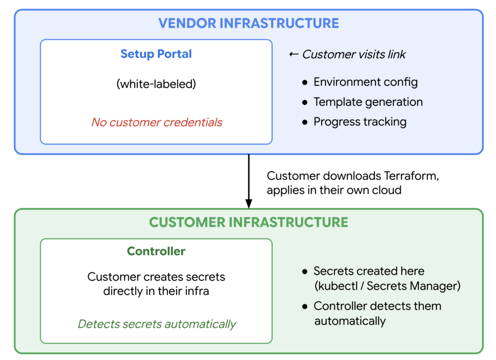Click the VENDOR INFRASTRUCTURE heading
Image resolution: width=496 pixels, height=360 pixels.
(x=248, y=23)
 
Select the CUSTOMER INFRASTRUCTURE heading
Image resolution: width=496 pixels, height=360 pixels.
(x=248, y=222)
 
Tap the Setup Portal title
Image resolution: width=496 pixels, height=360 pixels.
(x=156, y=54)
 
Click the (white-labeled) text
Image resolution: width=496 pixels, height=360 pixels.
(x=156, y=84)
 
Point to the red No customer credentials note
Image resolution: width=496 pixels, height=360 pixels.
(x=156, y=122)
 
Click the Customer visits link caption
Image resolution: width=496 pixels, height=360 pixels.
(x=354, y=54)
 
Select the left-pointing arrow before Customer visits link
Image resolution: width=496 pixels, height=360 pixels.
(x=294, y=54)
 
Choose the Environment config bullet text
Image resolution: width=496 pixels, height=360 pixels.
(x=365, y=82)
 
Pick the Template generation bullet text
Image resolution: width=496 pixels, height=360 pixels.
(x=368, y=102)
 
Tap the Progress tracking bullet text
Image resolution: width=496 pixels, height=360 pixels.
(x=360, y=122)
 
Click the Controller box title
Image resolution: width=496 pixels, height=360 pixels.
(x=156, y=251)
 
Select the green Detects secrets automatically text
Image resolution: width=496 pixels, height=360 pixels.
(x=157, y=324)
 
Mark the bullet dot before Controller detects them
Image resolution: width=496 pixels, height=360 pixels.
(x=305, y=306)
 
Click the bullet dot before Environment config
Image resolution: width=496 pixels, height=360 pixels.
(x=305, y=82)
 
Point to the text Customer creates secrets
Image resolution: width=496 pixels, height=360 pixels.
(x=156, y=277)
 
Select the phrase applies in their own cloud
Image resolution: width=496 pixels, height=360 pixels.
(x=334, y=190)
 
